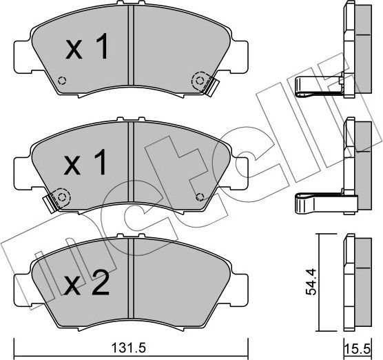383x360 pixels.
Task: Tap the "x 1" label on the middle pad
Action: (86, 163)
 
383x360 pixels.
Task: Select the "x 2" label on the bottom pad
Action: (87, 283)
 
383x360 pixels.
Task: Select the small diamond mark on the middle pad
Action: (200, 194)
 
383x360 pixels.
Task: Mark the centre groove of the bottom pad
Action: (132, 283)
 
